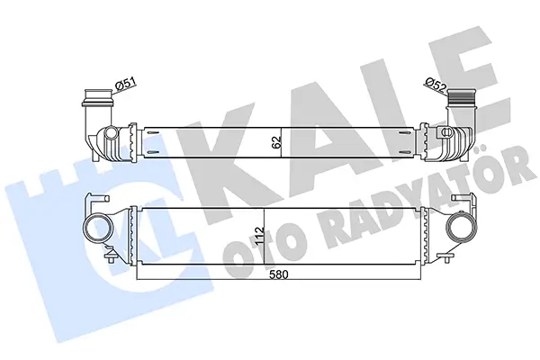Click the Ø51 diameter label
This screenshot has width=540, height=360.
click(x=126, y=84)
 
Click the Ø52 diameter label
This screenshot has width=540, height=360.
click(x=435, y=85)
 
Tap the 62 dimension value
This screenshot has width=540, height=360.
click(x=277, y=142)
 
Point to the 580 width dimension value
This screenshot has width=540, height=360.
click(x=279, y=274)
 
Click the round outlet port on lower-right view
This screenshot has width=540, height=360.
click(x=462, y=229)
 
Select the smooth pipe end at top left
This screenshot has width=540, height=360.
click(x=98, y=97)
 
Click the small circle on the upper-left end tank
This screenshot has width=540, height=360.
click(x=111, y=132)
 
